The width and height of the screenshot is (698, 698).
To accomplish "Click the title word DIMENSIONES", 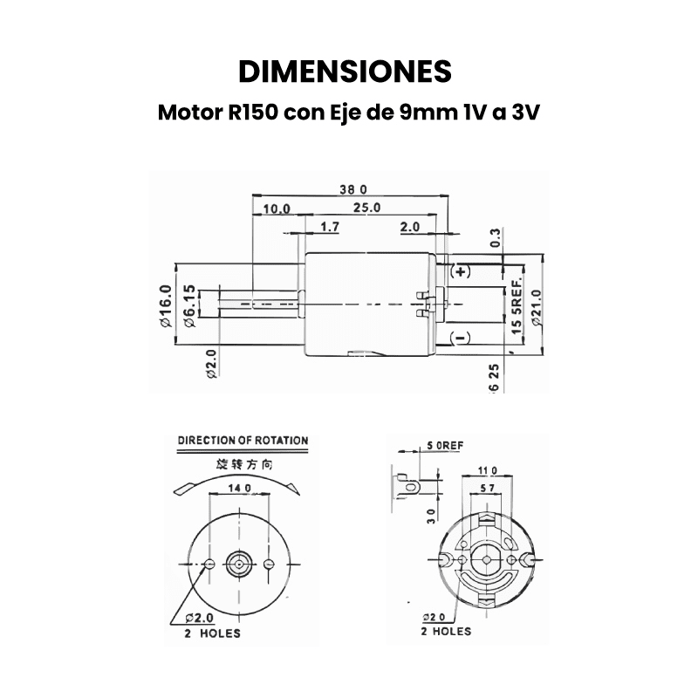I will click(x=345, y=70).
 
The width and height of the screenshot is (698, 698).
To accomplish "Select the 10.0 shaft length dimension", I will click(x=277, y=209).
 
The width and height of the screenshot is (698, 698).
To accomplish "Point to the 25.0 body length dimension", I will click(x=366, y=208).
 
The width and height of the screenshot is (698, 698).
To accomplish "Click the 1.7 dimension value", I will click(x=330, y=227).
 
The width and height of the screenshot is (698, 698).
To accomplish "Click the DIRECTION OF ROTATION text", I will click(x=243, y=441).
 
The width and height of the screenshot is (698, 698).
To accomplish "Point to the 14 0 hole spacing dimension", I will click(x=239, y=488).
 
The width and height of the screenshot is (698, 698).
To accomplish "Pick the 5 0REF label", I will click(x=445, y=445).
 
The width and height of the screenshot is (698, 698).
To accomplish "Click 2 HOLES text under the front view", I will click(x=213, y=633).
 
